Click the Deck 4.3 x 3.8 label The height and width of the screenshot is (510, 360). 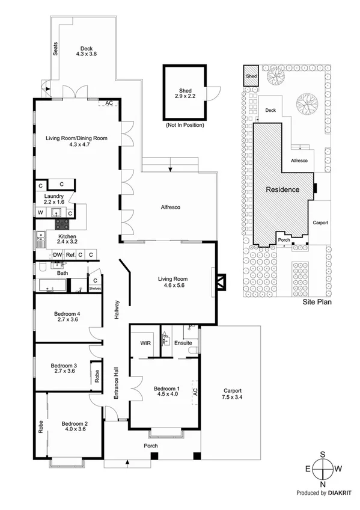pos(87,50)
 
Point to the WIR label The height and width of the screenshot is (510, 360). pos(145,343)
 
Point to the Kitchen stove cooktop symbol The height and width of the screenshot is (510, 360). pos(63,224)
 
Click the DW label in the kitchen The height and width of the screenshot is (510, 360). pos(57,255)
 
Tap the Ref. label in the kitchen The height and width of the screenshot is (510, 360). pos(71,255)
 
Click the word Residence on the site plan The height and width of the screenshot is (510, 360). pos(282,189)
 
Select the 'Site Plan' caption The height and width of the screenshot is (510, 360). pos(317,304)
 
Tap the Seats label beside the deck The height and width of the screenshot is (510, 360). pos(56,48)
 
